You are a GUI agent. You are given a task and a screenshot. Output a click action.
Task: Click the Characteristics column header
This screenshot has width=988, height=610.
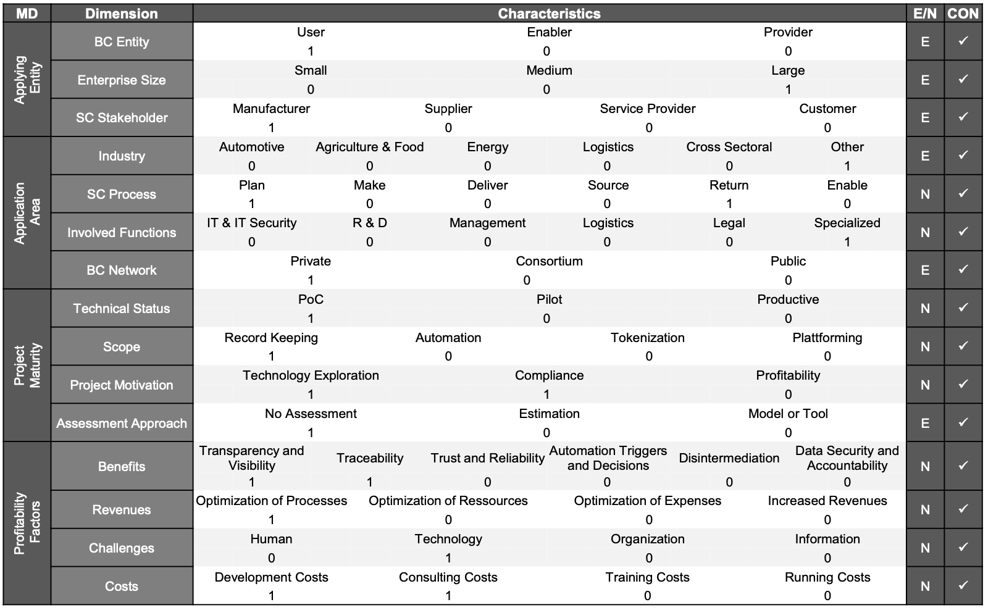point(549,14)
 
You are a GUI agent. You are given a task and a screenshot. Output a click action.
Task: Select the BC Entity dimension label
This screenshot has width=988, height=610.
point(122,42)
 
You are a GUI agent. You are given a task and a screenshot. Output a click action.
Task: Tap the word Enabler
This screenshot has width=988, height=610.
point(549,32)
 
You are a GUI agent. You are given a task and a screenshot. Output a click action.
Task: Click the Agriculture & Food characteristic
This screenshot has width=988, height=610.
point(370,147)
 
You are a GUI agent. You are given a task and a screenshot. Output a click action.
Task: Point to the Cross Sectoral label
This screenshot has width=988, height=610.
point(729,147)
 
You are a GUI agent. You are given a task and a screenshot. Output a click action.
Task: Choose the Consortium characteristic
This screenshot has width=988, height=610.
point(549,261)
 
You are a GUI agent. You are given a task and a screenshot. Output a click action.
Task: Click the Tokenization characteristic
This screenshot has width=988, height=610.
point(648,338)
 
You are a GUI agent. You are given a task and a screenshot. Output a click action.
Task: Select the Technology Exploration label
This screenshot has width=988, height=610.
point(311,376)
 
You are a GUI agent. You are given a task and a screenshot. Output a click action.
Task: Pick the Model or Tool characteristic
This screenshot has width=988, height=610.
point(788,414)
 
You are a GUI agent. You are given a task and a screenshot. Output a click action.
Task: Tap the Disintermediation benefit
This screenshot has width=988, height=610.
point(729,458)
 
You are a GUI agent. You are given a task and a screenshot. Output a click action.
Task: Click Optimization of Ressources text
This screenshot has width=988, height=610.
point(448,501)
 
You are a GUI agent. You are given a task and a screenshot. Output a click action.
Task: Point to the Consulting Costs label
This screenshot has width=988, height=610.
point(448,577)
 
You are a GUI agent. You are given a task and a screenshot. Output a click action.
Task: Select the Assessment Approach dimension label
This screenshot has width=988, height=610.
point(122,424)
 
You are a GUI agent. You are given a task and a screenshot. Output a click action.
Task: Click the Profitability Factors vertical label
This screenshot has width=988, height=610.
point(27,523)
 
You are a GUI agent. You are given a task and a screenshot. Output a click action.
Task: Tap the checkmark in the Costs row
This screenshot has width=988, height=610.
point(963,585)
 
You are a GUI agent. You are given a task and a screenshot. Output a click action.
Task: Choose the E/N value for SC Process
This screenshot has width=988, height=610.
point(925,194)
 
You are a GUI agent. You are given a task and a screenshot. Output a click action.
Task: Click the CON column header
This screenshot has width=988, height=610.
point(963,14)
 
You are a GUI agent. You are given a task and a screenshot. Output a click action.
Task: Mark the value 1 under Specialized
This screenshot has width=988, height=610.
point(847,242)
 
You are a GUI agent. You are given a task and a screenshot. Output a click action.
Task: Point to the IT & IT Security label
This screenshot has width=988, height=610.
point(251,223)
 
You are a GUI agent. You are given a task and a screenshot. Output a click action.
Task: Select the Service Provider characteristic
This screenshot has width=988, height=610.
point(648,109)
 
